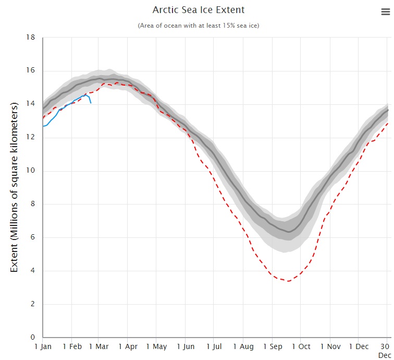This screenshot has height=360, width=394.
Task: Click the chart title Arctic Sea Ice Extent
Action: click(198, 10)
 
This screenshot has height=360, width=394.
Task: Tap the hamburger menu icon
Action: click(385, 13)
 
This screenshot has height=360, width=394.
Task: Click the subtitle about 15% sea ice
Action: click(198, 26)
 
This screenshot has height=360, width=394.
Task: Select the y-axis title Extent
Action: click(14, 187)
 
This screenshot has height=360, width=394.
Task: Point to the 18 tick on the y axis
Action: click(31, 38)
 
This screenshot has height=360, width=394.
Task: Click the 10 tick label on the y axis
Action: click(31, 171)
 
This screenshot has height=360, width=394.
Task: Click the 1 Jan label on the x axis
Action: click(43, 346)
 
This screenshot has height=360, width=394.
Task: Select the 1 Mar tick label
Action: click(99, 346)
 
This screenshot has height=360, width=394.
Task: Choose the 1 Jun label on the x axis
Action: click(186, 346)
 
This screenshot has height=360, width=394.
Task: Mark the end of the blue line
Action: click(91, 103)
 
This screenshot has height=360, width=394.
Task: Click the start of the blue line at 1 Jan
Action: click(43, 126)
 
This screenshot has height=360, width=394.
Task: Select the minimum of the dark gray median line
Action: click(289, 232)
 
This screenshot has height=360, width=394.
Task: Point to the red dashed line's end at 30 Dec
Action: click(387, 123)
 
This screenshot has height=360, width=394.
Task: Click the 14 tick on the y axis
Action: click(31, 104)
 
